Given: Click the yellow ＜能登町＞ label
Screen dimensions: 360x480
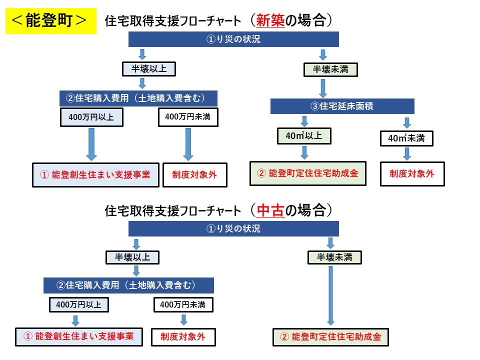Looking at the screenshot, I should coord(50,20).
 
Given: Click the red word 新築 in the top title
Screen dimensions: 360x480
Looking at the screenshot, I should coord(270,20).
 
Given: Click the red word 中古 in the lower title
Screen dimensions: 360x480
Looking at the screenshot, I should coord(270,210).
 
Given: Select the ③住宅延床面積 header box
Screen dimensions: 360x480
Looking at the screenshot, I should coord(342,106).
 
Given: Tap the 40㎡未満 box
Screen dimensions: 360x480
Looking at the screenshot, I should coord(406,138).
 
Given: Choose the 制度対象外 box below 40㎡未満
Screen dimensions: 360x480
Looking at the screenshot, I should coord(412,174).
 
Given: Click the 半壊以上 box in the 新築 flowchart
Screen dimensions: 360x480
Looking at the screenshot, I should coord(149,68).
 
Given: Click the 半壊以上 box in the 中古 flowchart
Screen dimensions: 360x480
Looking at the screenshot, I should coord(132,257).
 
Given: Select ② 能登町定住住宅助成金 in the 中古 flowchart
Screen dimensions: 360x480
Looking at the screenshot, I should coord(330,337).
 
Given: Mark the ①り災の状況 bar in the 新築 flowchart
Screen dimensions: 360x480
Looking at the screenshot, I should coord(233,39).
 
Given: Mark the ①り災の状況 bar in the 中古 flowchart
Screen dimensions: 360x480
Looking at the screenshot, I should coord(233,229).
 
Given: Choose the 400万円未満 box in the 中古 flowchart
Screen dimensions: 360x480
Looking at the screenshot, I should coord(183,304).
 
